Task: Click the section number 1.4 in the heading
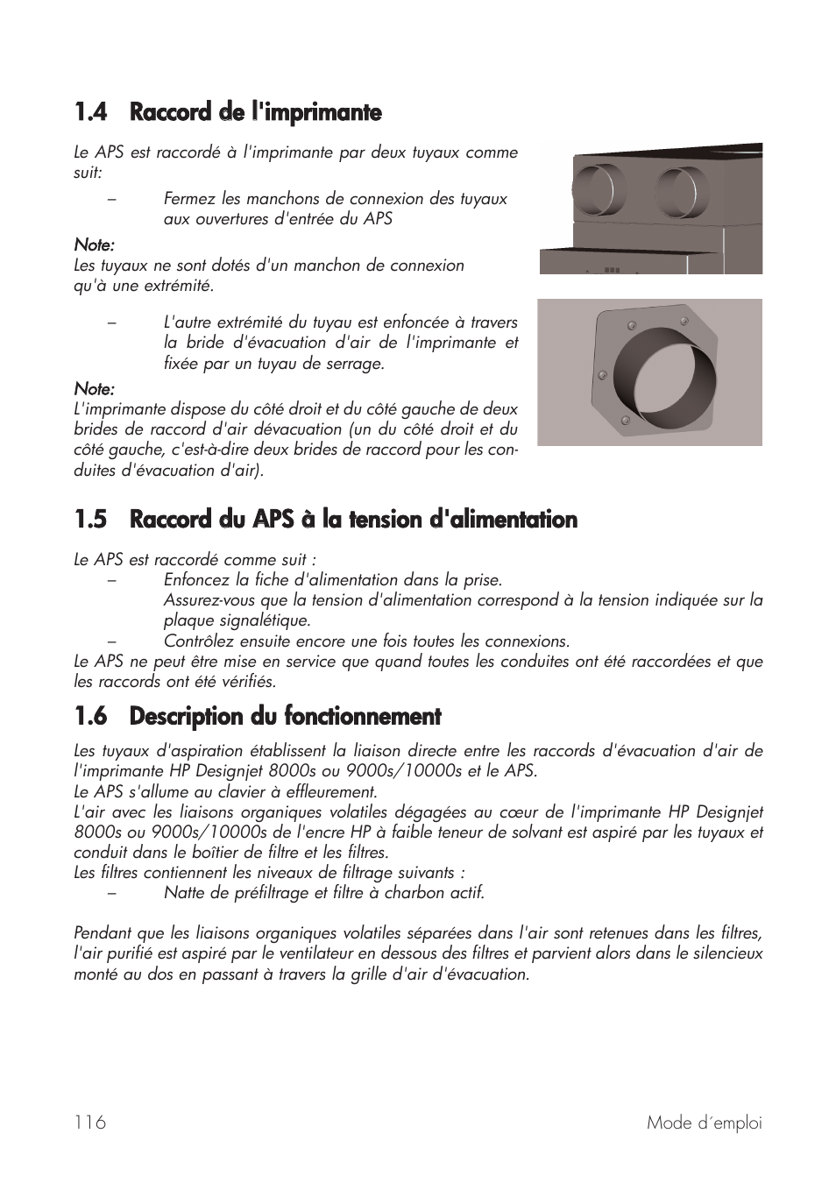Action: click(90, 112)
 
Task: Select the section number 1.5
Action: click(90, 520)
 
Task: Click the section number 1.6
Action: click(90, 717)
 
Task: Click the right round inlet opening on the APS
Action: click(681, 190)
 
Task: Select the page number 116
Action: click(90, 1123)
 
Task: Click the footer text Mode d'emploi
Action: click(705, 1123)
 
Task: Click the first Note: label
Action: click(94, 244)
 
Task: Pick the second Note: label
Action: click(94, 388)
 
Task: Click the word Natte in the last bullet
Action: click(183, 893)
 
